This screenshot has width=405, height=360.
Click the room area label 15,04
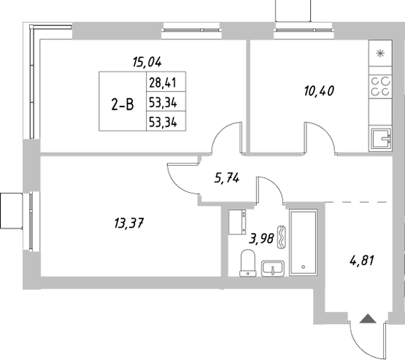point(147,62)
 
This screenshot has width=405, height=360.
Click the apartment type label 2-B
point(122,104)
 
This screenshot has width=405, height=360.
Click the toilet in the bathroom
point(247,261)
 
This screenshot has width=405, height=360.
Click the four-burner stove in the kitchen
point(379,87)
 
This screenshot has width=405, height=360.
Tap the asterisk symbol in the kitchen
point(379,53)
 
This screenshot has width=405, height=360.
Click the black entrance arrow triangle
point(368,318)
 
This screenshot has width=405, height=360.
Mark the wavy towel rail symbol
point(283,239)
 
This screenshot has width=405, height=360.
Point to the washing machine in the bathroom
point(236,221)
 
